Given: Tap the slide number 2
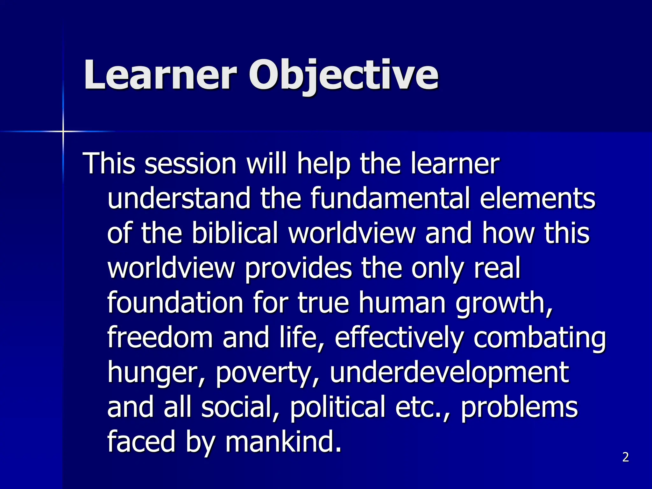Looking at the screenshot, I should (626, 457).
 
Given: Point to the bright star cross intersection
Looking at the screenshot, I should (63, 131).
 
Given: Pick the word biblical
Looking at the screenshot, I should (235, 233).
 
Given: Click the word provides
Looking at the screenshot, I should (298, 268).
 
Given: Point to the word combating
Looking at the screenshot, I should (540, 338).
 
